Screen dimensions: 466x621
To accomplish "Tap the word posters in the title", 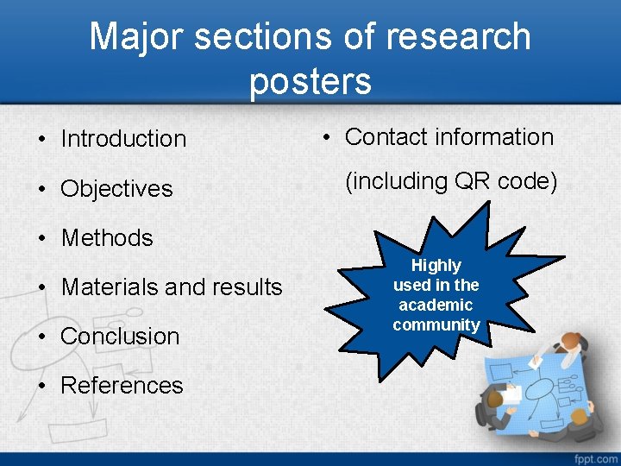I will point(310,81).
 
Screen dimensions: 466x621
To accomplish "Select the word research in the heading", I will point(459,37).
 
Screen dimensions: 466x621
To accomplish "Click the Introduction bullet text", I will point(123,139).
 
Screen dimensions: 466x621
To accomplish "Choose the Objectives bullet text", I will point(116,189).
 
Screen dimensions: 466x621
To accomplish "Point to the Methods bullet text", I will point(106,238).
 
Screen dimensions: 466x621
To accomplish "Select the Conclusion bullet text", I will point(120,337).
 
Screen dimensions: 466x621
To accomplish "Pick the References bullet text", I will point(122,386).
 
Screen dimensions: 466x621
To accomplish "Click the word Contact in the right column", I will point(386,137).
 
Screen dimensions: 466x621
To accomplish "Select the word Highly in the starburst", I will point(436,266).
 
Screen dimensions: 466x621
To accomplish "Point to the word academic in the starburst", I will point(436,305).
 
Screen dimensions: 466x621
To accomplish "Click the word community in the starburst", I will point(436,325).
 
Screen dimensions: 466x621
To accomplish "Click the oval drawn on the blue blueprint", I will point(539,389).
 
